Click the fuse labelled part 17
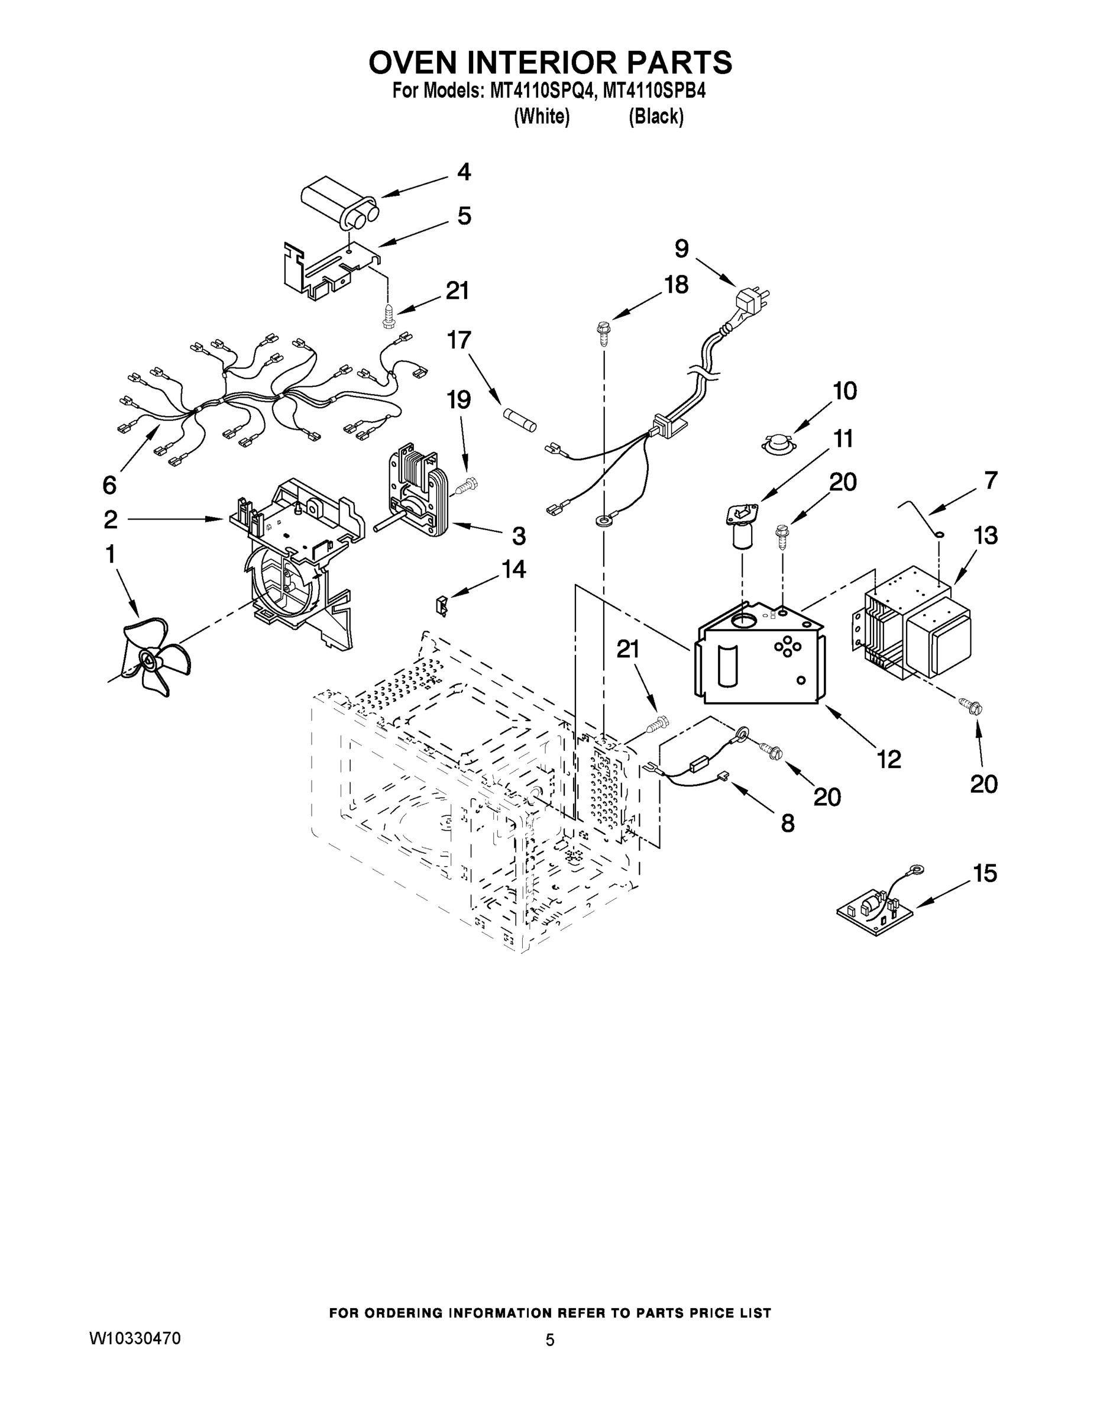(519, 417)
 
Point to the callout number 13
(985, 535)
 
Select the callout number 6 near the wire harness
(109, 485)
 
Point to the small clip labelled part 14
(442, 605)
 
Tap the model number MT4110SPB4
(654, 91)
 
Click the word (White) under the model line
(541, 117)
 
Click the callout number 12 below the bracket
(888, 758)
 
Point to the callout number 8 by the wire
(787, 823)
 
